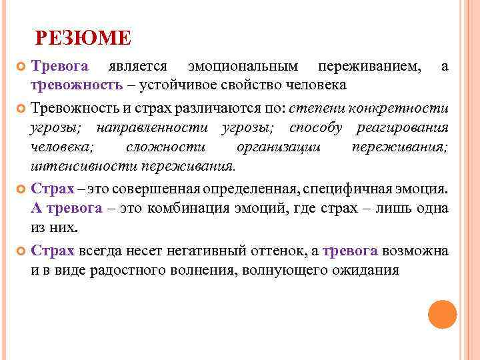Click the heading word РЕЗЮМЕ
(x=83, y=38)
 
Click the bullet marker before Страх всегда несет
(x=19, y=251)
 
